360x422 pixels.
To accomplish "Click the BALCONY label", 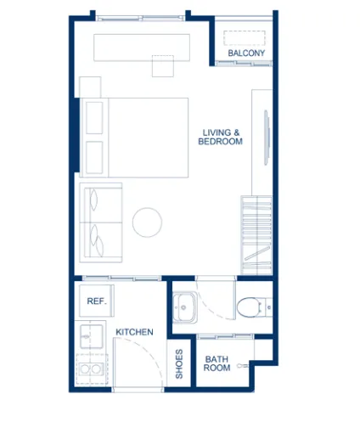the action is point(246,53).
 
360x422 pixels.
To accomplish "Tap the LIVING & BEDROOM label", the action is point(221,137).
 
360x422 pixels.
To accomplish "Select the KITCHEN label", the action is point(134,332).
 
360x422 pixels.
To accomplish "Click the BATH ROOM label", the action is point(217,363).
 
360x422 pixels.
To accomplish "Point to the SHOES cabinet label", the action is point(179,364).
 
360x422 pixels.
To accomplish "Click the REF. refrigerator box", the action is point(97,301).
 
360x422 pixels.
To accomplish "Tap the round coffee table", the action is point(147,222).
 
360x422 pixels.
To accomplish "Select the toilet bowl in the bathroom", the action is point(249,307).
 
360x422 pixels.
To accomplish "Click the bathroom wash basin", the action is point(185,307).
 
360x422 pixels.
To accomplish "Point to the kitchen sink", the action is point(91,336).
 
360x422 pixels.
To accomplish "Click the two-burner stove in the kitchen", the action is point(92,369).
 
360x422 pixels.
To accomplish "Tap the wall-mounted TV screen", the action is point(267,138).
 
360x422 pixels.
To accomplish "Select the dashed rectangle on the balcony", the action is point(245,38).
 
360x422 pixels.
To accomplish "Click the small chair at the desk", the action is point(163,66).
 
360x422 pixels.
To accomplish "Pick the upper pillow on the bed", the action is point(94,118).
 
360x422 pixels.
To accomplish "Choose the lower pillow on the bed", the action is point(94,157).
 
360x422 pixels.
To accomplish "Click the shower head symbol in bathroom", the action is point(243,366).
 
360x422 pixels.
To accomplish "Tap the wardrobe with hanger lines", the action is point(256,235).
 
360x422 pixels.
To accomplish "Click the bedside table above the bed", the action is point(90,87).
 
